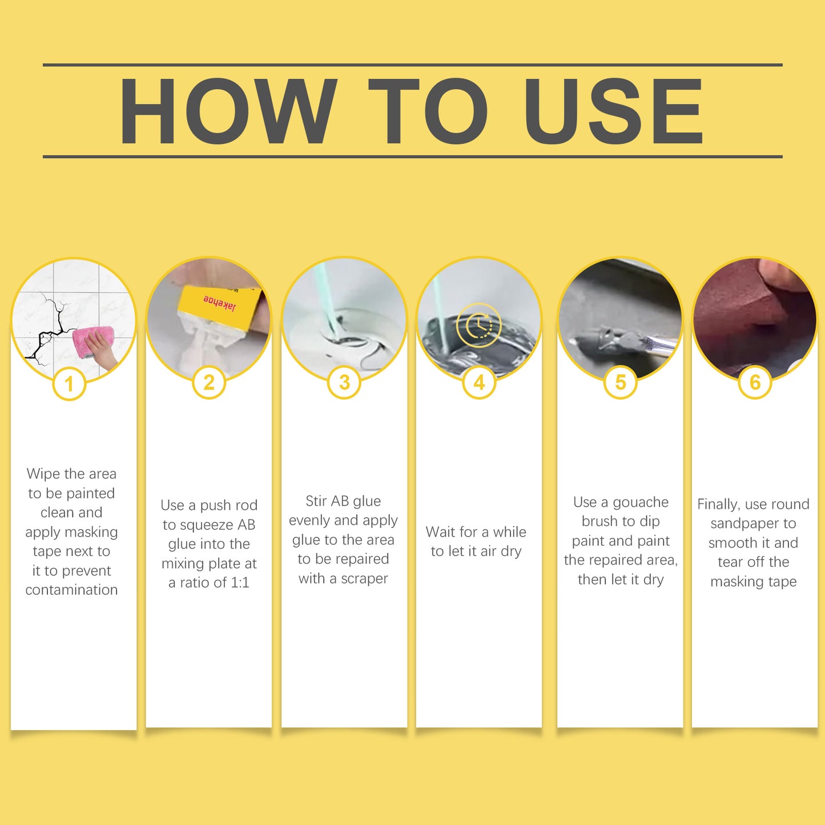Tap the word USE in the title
tap(613, 111)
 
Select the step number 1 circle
tap(69, 384)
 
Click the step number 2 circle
tap(208, 383)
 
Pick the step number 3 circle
tap(344, 383)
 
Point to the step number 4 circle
tap(479, 383)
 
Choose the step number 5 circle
tap(620, 383)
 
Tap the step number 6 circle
tap(755, 383)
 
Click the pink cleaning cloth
tap(93, 342)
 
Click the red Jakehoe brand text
tap(220, 303)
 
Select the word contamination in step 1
tap(71, 590)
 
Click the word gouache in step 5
tap(641, 502)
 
